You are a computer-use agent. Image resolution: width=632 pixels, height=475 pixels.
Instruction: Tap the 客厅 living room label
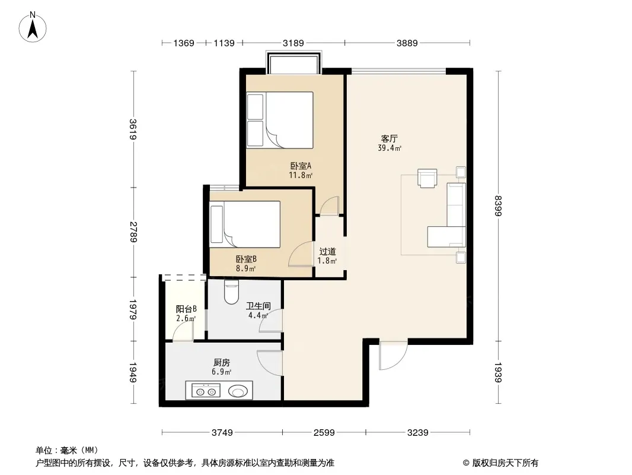(x=389, y=139)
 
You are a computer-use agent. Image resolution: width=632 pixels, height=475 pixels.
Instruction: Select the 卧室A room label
(x=301, y=166)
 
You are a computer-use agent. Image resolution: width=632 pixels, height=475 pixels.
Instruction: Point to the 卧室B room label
(x=246, y=259)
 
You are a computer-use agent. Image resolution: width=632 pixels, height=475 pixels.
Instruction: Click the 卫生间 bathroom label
(x=258, y=306)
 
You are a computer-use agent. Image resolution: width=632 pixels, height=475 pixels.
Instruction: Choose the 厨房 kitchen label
(x=222, y=363)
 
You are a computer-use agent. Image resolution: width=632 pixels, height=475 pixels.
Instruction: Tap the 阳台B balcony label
(x=186, y=309)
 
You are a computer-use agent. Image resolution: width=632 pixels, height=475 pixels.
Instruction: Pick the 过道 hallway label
(x=327, y=251)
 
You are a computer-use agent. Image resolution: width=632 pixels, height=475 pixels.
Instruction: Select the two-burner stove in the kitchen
(x=206, y=391)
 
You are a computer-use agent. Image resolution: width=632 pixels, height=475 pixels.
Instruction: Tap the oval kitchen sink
(x=238, y=391)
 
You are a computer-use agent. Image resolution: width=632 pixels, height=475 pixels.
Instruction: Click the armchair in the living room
(x=427, y=178)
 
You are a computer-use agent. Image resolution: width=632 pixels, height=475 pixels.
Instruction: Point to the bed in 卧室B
(x=245, y=224)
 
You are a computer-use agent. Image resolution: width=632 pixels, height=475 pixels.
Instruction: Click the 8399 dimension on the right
(x=498, y=206)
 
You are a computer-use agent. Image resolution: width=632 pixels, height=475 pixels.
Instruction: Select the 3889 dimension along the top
(x=407, y=43)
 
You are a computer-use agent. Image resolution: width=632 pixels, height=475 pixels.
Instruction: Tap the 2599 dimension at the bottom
(x=324, y=433)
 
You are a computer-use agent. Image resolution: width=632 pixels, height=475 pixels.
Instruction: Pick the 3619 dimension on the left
(x=133, y=129)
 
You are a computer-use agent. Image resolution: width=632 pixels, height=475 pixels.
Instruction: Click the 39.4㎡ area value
(x=390, y=148)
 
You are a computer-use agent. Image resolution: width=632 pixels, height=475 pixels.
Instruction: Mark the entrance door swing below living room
(x=394, y=356)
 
